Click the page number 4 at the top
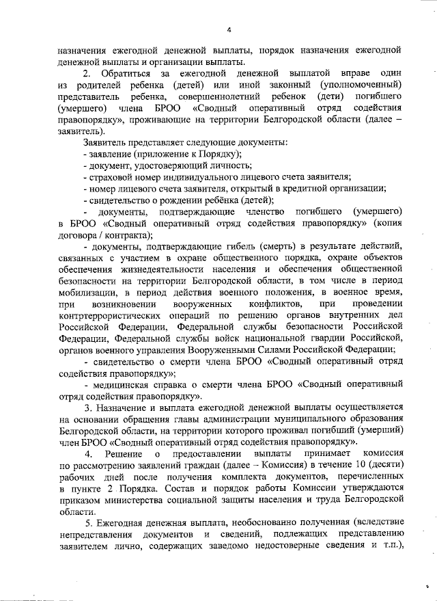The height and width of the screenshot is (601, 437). click(x=229, y=30)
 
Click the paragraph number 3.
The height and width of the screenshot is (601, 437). click(x=85, y=408)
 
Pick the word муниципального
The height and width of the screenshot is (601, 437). click(x=295, y=420)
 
